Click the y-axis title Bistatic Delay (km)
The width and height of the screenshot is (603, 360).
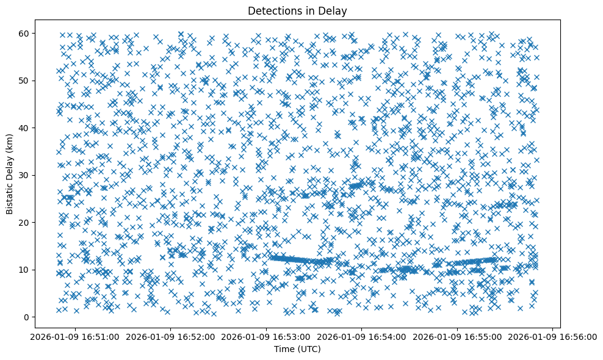pyautogui.click(x=10, y=175)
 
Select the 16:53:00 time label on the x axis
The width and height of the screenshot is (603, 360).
pyautogui.click(x=267, y=337)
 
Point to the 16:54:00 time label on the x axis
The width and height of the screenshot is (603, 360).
pyautogui.click(x=362, y=337)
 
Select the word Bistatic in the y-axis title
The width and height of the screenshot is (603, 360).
pyautogui.click(x=10, y=197)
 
